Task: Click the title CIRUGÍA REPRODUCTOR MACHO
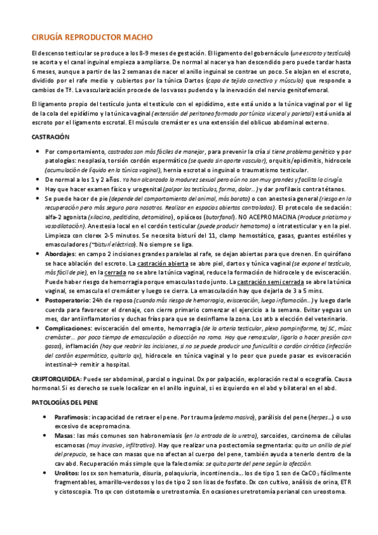coord(92,38)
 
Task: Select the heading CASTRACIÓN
coord(50,137)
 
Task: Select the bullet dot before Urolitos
coord(43,473)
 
